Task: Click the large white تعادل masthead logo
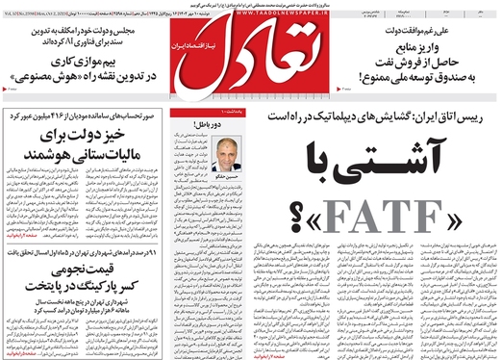tap(252, 56)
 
